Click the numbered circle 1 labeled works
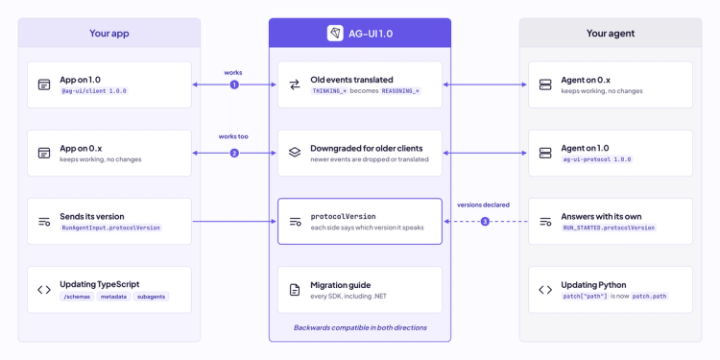point(234,84)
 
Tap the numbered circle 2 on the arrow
point(234,153)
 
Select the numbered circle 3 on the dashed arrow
point(486,222)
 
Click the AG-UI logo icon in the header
point(335,33)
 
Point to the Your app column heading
point(109,33)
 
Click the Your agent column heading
point(611,33)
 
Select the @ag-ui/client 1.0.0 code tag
point(94,91)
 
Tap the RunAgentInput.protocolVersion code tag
point(110,228)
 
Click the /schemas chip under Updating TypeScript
point(77,297)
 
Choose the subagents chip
point(151,297)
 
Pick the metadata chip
point(113,297)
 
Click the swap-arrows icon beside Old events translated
point(295,84)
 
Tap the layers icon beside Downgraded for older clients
point(295,153)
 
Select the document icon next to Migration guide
point(295,290)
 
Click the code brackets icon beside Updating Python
point(545,290)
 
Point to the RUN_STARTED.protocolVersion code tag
point(609,228)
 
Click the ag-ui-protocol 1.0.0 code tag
point(597,159)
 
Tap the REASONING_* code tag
point(400,91)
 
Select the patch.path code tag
point(649,297)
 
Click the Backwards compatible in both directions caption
point(360,328)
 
